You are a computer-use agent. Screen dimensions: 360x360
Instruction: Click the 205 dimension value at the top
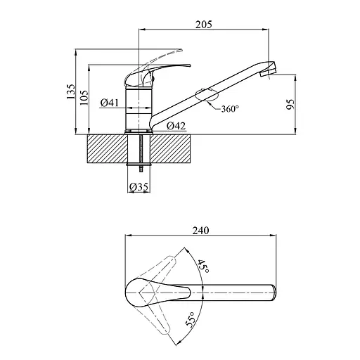(x=204, y=25)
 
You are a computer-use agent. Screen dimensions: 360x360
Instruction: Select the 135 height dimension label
(x=71, y=91)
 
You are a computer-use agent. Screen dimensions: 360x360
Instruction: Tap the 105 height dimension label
(x=84, y=97)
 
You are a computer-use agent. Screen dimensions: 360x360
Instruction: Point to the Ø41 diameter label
(x=110, y=103)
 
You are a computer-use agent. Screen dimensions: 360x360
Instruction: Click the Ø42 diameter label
(x=176, y=126)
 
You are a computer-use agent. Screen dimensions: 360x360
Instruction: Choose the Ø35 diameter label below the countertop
(x=139, y=187)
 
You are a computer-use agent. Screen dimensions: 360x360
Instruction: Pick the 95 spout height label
(x=290, y=104)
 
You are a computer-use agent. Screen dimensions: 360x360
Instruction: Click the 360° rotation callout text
(x=230, y=108)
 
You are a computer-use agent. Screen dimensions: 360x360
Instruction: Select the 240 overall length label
(x=200, y=231)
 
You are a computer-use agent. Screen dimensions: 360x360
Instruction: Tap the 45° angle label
(x=203, y=266)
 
